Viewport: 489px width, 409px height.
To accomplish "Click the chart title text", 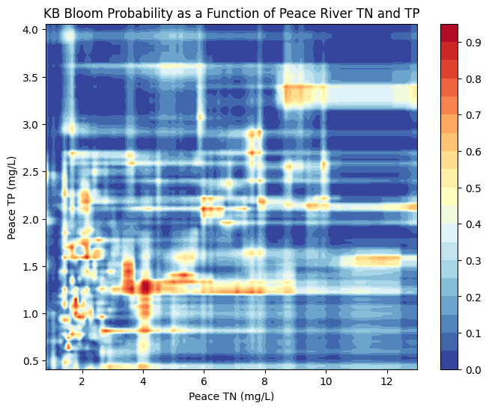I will tap(231, 13).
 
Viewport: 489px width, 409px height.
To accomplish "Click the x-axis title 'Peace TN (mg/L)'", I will tap(231, 396).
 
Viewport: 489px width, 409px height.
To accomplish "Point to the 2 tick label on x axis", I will tap(82, 381).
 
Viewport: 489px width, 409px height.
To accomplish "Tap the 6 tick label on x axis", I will tap(204, 381).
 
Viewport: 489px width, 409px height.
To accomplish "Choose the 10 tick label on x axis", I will tap(326, 381).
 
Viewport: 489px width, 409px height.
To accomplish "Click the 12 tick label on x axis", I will tap(386, 381).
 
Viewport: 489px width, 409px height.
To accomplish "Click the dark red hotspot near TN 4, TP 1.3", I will tap(145, 286).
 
